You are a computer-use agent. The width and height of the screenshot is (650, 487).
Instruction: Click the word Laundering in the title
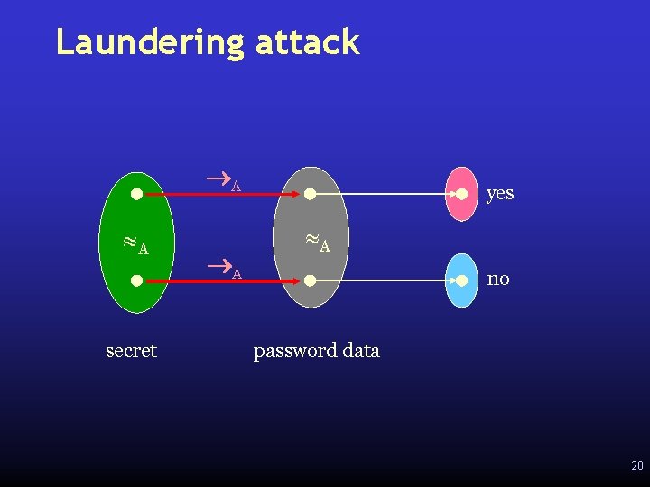150,42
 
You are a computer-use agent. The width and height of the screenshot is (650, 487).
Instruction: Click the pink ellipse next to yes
462,194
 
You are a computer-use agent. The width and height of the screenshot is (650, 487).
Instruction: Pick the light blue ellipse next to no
462,280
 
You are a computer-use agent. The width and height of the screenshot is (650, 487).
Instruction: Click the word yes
499,193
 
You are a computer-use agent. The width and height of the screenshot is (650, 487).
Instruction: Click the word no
498,279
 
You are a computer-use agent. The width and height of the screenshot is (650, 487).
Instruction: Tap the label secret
131,350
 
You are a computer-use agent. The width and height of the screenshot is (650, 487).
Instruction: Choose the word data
361,350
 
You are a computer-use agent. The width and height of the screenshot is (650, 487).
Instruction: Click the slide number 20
636,466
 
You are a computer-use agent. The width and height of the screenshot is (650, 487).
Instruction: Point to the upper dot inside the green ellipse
135,193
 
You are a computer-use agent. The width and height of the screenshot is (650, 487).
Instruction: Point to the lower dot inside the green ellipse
135,280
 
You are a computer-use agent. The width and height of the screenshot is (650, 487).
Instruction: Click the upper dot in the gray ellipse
310,194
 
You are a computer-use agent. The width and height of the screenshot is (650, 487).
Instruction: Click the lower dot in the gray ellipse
310,280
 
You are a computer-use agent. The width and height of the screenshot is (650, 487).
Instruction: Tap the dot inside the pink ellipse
461,194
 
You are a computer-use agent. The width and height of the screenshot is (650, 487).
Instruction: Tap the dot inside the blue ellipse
461,280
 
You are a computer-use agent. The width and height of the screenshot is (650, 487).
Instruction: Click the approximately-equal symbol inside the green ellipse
130,243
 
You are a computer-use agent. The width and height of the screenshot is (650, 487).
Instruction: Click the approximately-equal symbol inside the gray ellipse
311,240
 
